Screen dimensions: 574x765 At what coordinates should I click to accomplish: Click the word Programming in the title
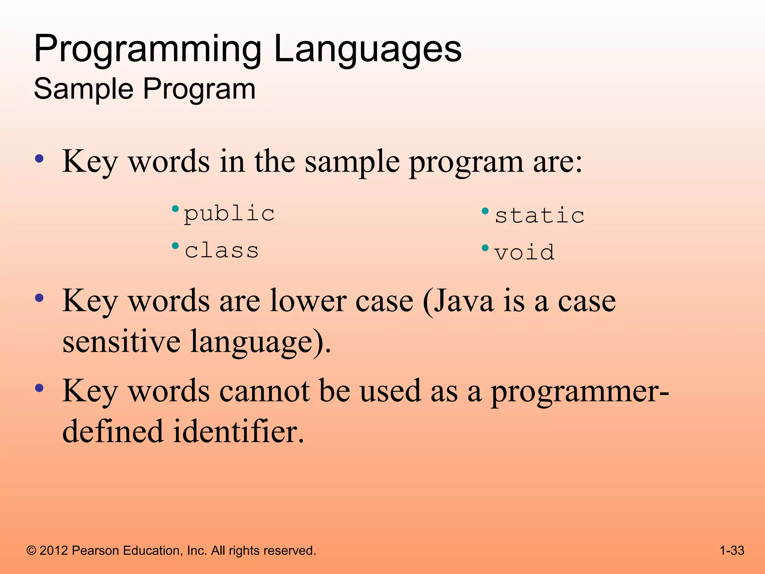click(148, 50)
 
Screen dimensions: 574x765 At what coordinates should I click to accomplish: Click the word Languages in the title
click(368, 50)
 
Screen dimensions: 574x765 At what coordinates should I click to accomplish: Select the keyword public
click(229, 214)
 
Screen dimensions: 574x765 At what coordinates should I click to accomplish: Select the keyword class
click(222, 250)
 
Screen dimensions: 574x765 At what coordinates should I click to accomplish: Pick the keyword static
click(540, 216)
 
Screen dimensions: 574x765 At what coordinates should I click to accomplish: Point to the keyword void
click(524, 253)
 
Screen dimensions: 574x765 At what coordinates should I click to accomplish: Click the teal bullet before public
click(175, 209)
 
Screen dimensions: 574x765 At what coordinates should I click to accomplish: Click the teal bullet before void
click(485, 248)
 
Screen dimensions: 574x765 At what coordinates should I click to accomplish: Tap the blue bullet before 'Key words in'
click(39, 158)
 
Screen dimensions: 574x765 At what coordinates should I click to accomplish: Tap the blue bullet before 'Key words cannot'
click(39, 388)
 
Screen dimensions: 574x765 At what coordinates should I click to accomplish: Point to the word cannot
click(264, 391)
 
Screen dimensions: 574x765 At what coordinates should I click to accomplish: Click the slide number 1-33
click(732, 550)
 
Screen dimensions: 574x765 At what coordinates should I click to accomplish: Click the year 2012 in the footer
click(54, 550)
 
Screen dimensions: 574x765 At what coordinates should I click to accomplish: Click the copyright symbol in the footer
click(31, 551)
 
